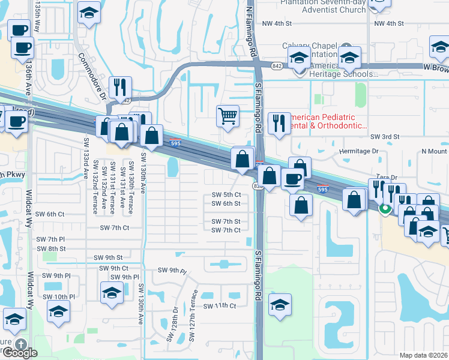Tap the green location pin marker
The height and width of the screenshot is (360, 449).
(x=385, y=209)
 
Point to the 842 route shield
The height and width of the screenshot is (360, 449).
(x=277, y=65)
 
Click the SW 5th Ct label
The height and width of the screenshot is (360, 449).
(x=226, y=195)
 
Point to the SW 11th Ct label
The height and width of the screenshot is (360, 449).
(x=220, y=306)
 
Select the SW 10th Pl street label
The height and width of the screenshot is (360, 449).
(x=59, y=297)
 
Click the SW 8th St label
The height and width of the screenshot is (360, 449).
(x=51, y=248)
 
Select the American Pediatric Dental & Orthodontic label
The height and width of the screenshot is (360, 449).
(x=329, y=122)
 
